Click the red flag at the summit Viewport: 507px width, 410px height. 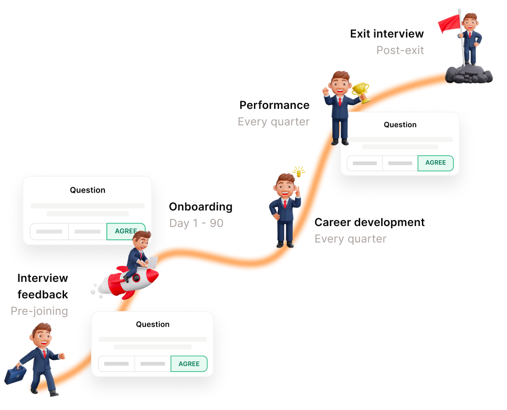click(x=449, y=23)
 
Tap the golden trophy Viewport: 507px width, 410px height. click(x=361, y=92)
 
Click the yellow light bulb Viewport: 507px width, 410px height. click(x=299, y=172)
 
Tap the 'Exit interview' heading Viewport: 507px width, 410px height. click(x=387, y=34)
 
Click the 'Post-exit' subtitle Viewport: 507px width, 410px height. click(x=400, y=50)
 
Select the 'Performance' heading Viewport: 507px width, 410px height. click(x=275, y=105)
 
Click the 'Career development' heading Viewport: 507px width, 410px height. click(x=369, y=222)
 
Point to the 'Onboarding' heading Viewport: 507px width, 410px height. click(x=200, y=207)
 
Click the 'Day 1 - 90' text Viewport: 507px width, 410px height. click(x=196, y=223)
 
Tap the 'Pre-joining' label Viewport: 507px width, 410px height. click(x=39, y=311)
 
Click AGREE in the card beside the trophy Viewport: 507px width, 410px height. click(x=435, y=163)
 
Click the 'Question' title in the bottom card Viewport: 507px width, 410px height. click(x=152, y=324)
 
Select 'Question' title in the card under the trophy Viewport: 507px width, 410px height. click(x=400, y=125)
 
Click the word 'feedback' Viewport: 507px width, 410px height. click(x=43, y=295)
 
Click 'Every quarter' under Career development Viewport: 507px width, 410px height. click(x=350, y=239)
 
